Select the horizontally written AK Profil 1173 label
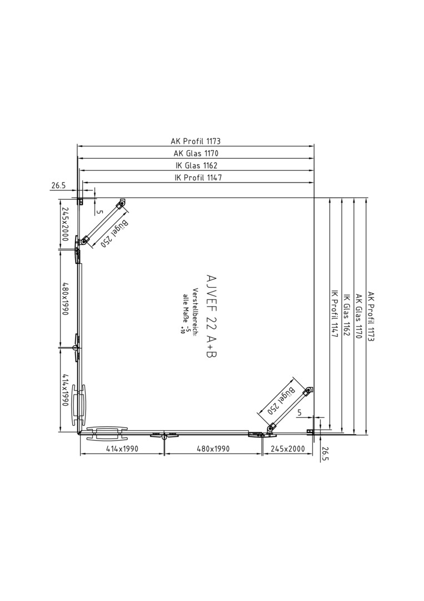click(x=196, y=141)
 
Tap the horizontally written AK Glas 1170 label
click(x=196, y=154)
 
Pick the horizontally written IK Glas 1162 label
click(x=196, y=166)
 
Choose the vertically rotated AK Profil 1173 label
click(x=371, y=316)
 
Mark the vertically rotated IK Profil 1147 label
click(x=335, y=313)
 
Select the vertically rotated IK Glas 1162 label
click(x=347, y=315)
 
